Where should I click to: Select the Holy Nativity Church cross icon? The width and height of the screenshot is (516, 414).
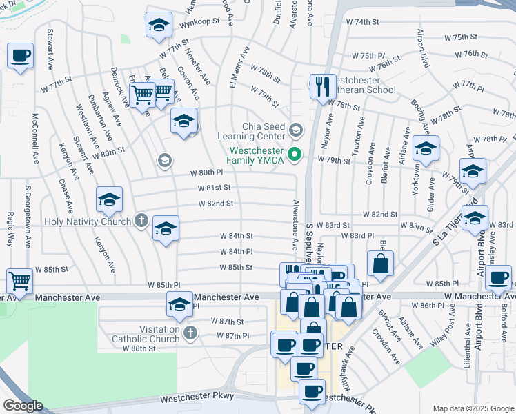point(141,221)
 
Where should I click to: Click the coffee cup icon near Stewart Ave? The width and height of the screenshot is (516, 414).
point(20,56)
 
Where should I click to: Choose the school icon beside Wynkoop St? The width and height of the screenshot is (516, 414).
point(159,26)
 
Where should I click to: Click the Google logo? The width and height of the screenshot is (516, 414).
point(22,406)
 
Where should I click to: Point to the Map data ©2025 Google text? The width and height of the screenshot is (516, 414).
point(473,408)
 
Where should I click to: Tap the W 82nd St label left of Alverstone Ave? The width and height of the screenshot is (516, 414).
point(215,204)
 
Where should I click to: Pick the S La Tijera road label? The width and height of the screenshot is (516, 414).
point(447,229)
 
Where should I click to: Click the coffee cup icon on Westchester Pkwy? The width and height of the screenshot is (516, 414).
point(312,393)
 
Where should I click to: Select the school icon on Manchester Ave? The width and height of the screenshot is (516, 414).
point(179,304)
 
